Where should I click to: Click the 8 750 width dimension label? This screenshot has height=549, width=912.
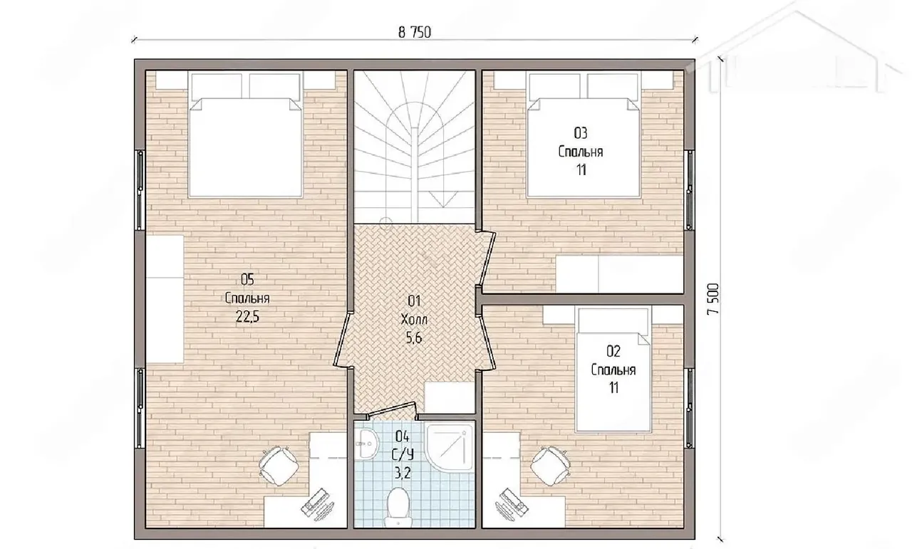[415, 32]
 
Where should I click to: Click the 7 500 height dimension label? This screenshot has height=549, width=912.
[713, 299]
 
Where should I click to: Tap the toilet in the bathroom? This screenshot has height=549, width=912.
[398, 507]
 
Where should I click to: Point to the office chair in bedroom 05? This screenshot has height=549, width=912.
[279, 465]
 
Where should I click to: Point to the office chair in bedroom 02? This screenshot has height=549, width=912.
[551, 466]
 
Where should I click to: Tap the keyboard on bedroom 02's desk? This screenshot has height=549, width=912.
[512, 503]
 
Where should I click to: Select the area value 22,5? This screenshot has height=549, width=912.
[247, 316]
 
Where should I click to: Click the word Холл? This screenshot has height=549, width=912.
[414, 320]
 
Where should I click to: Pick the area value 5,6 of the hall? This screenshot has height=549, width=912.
[414, 338]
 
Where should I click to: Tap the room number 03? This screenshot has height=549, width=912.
[581, 133]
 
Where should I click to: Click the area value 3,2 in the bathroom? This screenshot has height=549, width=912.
[403, 473]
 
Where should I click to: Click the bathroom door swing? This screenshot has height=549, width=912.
[392, 410]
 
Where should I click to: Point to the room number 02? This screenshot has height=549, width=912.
[613, 351]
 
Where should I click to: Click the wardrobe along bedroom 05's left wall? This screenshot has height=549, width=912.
[165, 299]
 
